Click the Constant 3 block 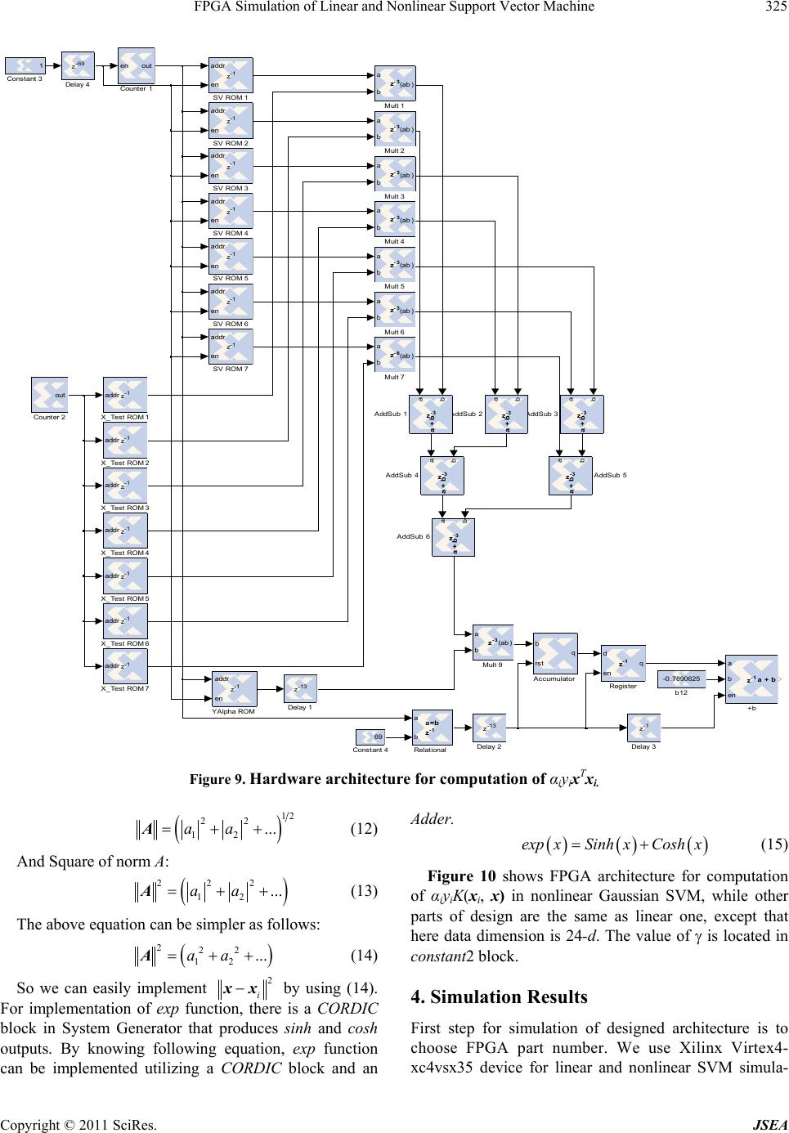[x=25, y=65]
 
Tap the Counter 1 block [x=137, y=65]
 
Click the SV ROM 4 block [x=231, y=211]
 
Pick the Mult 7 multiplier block [x=395, y=355]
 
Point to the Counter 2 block [x=49, y=395]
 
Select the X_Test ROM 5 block [x=125, y=575]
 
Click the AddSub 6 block [x=453, y=537]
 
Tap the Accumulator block [x=555, y=653]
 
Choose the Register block [x=623, y=663]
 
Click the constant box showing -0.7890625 [x=681, y=678]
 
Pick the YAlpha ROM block [x=234, y=689]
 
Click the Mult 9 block [x=493, y=643]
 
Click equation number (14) [x=364, y=930]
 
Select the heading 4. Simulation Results [x=499, y=996]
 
